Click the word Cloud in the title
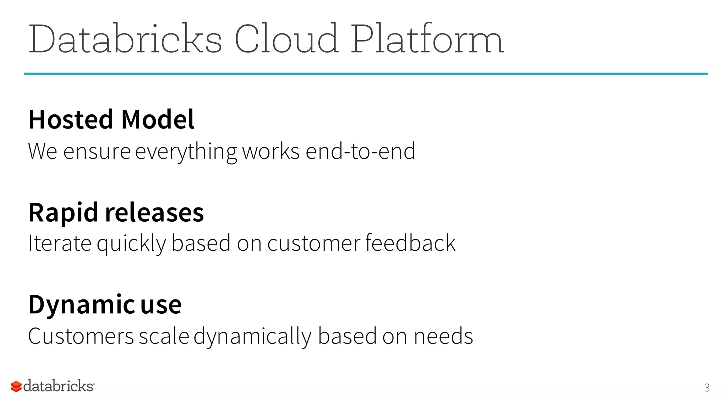click(286, 39)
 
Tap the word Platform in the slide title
click(427, 39)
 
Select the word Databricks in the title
click(125, 39)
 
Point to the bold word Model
click(158, 119)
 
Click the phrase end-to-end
click(360, 151)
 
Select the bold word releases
click(154, 212)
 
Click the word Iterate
click(60, 243)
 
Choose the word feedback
click(410, 243)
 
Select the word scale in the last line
click(164, 336)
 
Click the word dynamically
click(252, 337)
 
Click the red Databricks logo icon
click(16, 386)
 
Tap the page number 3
click(707, 388)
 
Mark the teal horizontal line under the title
click(366, 74)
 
